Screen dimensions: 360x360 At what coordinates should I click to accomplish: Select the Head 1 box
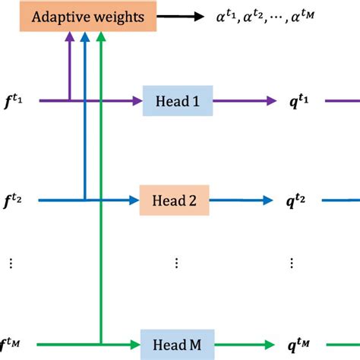177,101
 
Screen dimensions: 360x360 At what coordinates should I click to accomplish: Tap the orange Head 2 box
174,201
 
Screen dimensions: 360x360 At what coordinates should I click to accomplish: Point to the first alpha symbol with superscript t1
229,16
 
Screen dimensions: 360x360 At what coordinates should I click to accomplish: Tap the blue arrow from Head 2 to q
240,201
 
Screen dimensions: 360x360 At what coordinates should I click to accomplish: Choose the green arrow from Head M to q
242,343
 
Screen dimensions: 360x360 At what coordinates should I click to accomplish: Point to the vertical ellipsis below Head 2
175,263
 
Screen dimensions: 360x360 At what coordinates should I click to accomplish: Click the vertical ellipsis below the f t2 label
11,263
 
